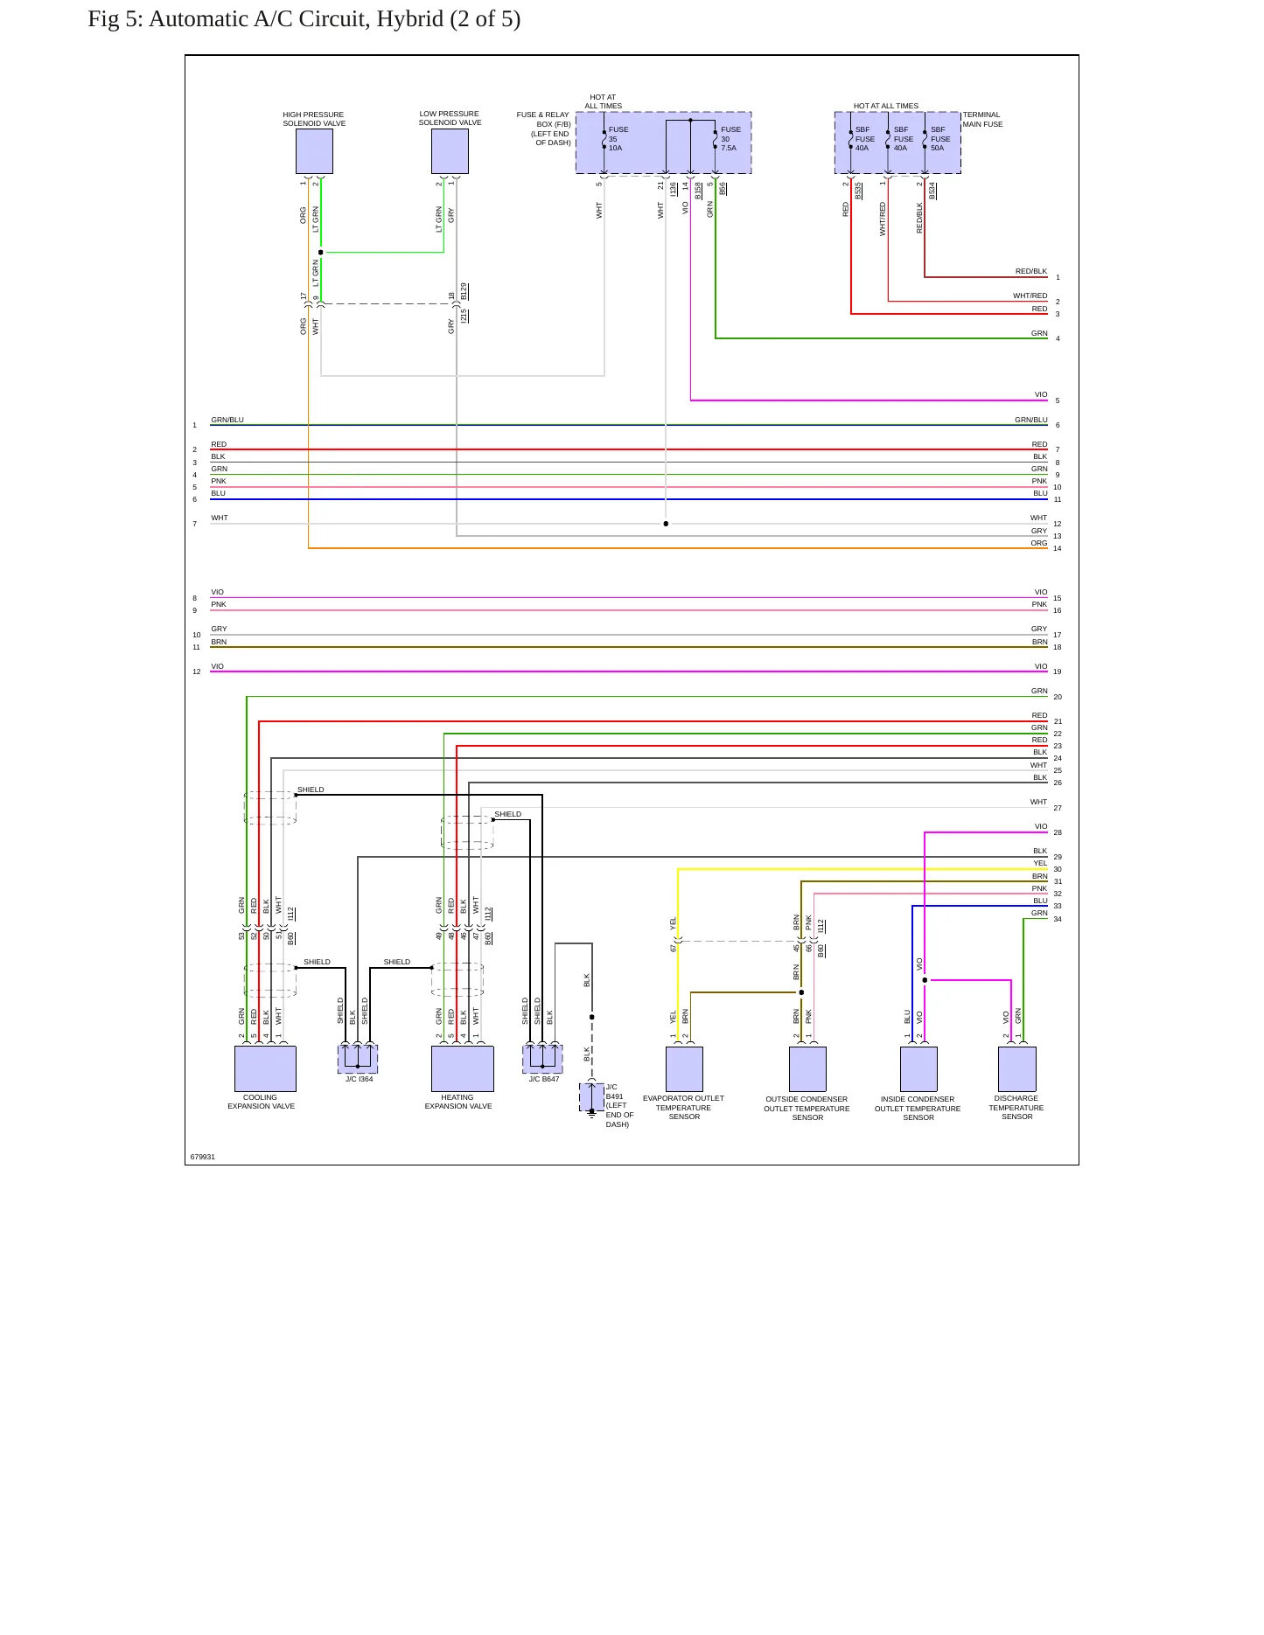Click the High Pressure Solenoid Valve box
(314, 151)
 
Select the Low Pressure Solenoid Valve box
(450, 151)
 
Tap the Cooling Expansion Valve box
(265, 1068)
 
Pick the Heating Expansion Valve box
(463, 1068)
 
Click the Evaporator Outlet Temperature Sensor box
(684, 1069)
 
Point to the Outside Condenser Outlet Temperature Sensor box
(807, 1069)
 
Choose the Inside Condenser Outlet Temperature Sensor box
(918, 1069)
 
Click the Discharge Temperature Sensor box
(1017, 1069)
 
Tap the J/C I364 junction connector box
(358, 1060)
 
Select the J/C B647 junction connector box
(542, 1060)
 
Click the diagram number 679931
(203, 1157)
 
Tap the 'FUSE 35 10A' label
(618, 139)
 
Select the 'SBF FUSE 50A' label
(940, 139)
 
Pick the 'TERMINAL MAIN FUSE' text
(983, 120)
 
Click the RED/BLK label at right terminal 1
(1031, 271)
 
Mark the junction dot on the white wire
(666, 524)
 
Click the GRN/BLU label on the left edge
(227, 420)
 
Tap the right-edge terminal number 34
(1058, 919)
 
